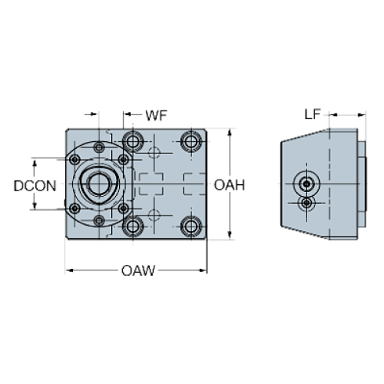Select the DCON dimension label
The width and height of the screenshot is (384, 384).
(34, 186)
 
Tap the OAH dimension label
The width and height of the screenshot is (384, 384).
(230, 186)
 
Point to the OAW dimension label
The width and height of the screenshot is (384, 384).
(139, 271)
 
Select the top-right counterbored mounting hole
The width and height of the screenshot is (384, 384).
(190, 142)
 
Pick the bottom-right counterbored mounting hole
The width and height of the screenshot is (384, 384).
(190, 227)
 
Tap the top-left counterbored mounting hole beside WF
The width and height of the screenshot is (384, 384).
(133, 142)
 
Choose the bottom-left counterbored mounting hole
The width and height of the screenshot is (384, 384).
(133, 227)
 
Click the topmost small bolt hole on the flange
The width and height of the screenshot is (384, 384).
(99, 147)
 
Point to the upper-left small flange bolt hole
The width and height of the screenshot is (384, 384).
(74, 160)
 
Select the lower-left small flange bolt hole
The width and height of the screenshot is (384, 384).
(74, 209)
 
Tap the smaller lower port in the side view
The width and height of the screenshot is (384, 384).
(307, 203)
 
